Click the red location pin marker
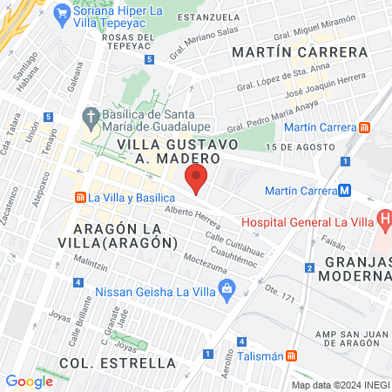(197, 178)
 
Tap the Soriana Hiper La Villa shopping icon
(61, 13)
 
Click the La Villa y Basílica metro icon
(80, 198)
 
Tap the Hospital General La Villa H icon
(382, 219)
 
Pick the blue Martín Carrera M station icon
(345, 190)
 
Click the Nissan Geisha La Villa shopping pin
(227, 287)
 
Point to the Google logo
(29, 381)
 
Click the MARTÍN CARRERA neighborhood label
(300, 52)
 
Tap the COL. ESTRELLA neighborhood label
(118, 362)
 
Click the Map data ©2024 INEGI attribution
(341, 384)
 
